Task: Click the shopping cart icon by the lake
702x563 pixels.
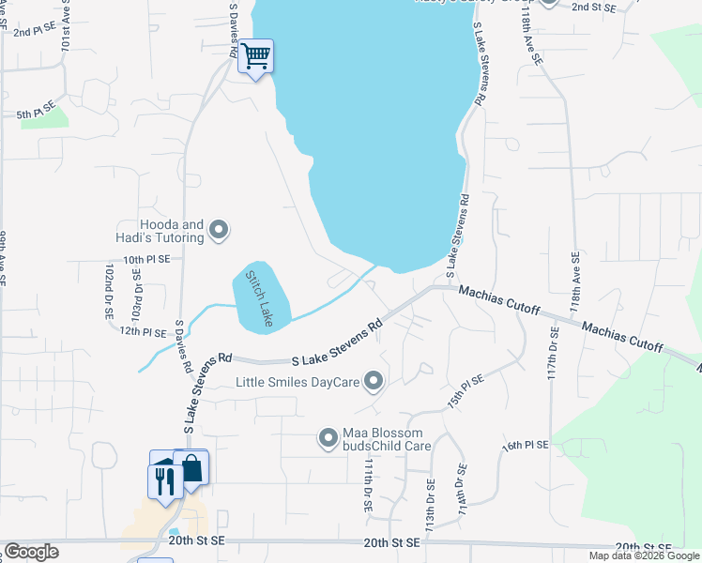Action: pyautogui.click(x=255, y=56)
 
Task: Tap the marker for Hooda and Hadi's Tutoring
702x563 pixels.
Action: pyautogui.click(x=219, y=229)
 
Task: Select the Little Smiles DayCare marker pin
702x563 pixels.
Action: pyautogui.click(x=374, y=381)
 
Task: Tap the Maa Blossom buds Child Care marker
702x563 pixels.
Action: pyautogui.click(x=328, y=437)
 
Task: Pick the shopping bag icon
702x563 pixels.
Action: pyautogui.click(x=192, y=468)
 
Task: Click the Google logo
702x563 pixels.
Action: pyautogui.click(x=31, y=552)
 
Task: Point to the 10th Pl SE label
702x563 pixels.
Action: pyautogui.click(x=145, y=258)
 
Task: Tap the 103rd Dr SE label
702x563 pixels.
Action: pyautogui.click(x=137, y=294)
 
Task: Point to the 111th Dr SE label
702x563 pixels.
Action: pyautogui.click(x=369, y=485)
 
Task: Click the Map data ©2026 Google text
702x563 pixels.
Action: pyautogui.click(x=644, y=555)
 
